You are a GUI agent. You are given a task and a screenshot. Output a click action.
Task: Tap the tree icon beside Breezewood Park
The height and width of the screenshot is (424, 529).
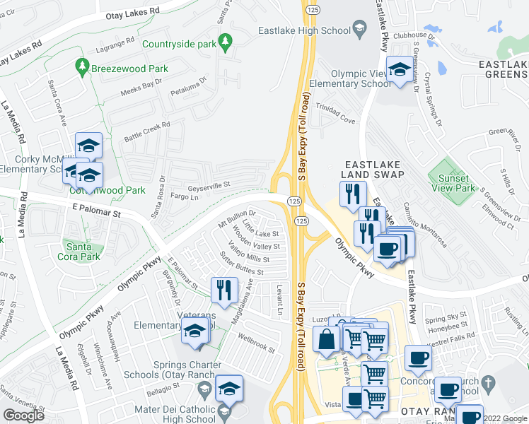coord(82,69)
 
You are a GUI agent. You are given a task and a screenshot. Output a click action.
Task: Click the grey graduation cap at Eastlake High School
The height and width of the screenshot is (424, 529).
coord(359,30)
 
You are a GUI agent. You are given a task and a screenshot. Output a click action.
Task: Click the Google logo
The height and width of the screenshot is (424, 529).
coord(23,416)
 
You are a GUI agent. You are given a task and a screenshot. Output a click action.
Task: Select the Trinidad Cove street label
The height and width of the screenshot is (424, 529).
coord(335,121)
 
